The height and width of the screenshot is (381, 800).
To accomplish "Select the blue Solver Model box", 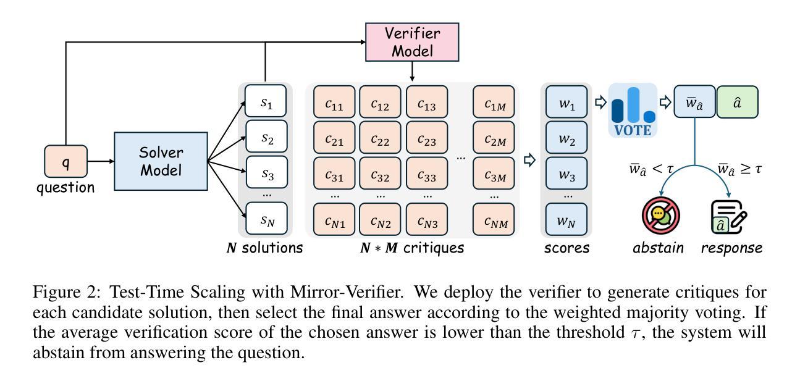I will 161,161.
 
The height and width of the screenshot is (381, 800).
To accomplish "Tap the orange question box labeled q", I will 65,161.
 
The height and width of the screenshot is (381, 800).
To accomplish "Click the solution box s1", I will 266,101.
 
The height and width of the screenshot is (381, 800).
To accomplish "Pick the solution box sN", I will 266,219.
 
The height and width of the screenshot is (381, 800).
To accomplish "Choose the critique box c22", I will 380,140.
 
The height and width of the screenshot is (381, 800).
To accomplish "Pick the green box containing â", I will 737,102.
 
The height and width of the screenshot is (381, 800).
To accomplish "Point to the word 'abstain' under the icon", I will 659,248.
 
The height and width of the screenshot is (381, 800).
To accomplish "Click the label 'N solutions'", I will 264,248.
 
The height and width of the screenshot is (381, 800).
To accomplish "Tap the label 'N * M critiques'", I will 411,248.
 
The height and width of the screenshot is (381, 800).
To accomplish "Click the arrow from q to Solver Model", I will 101,161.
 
